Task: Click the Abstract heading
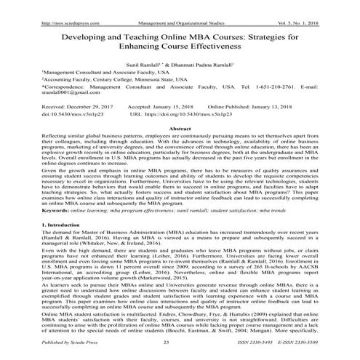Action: [180, 127]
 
